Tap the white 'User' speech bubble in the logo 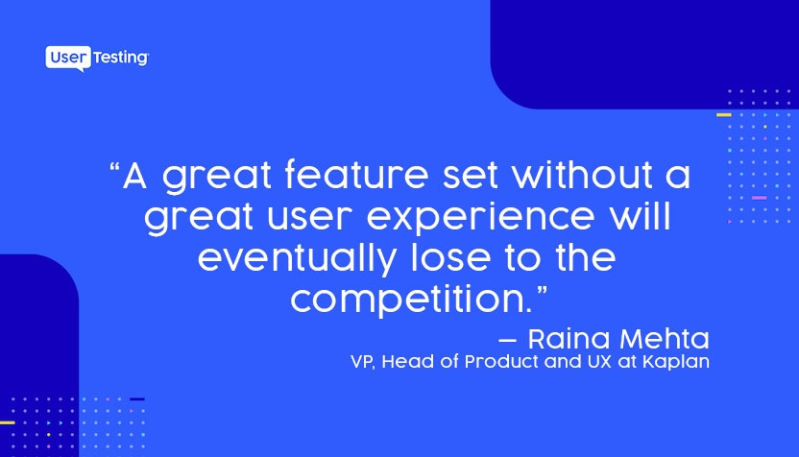click(68, 59)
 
